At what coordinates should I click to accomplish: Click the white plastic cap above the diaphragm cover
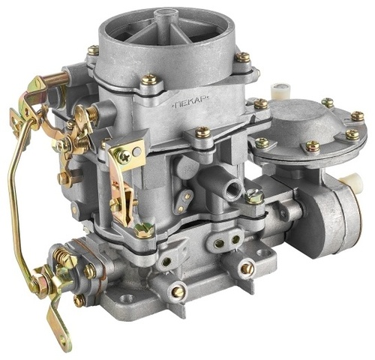pyautogui.click(x=278, y=90)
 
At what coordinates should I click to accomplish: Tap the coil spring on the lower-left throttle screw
pyautogui.click(x=63, y=257)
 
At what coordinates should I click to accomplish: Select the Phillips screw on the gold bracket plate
pyautogui.click(x=124, y=157)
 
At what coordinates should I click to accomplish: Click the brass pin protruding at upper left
pyautogui.click(x=58, y=79)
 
